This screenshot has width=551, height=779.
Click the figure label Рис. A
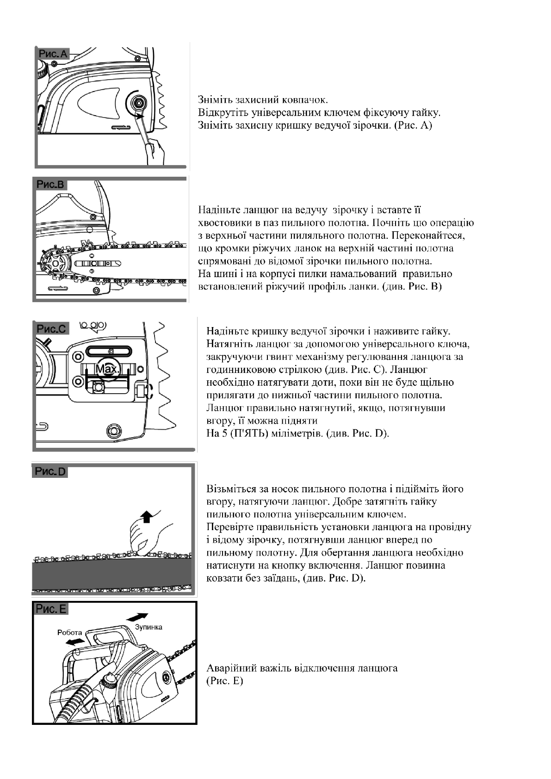[53, 54]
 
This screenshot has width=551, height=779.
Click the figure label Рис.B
[51, 185]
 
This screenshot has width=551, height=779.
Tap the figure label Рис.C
[51, 328]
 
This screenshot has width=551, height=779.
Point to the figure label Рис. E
[51, 609]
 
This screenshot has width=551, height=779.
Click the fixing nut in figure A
[137, 103]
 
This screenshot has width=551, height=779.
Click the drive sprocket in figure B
[56, 263]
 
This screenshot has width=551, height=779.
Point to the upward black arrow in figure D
[147, 515]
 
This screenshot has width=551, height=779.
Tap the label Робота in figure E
[69, 632]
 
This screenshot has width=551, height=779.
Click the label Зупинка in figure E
[149, 627]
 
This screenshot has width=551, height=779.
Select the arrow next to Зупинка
[137, 618]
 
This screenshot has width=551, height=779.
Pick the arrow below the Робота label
[75, 642]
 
